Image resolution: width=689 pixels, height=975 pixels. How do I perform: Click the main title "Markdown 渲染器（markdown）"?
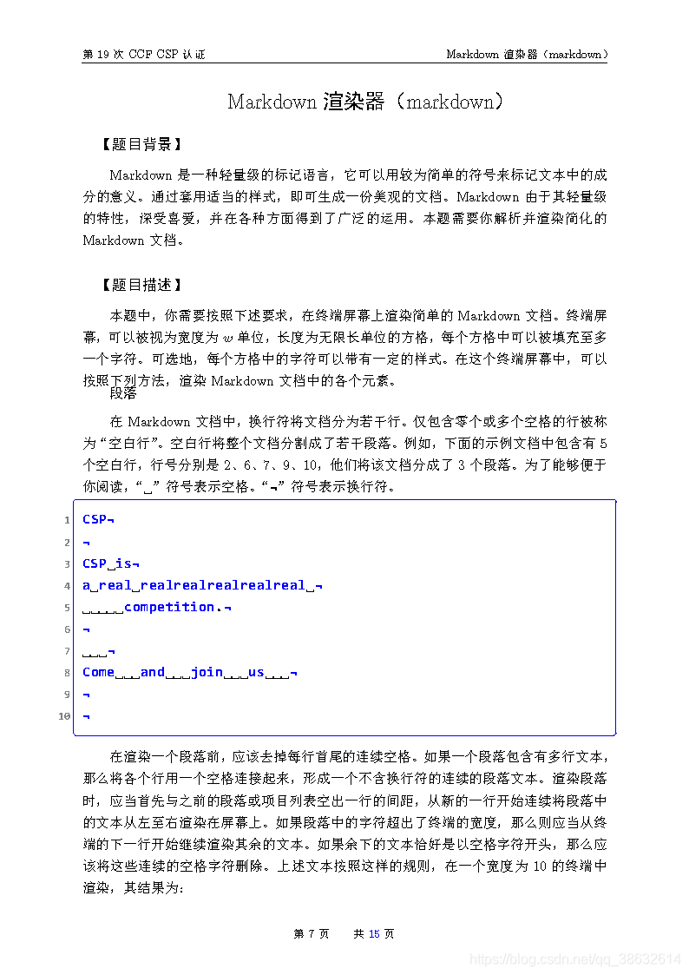(x=364, y=102)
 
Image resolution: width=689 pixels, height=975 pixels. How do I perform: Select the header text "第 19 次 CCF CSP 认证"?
(x=143, y=54)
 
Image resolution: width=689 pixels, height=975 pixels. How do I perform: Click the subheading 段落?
(x=123, y=393)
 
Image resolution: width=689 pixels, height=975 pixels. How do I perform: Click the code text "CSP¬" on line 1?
(x=98, y=519)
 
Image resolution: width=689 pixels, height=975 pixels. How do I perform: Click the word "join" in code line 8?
(x=207, y=672)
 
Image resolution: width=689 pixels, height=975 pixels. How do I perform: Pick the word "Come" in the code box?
(x=98, y=672)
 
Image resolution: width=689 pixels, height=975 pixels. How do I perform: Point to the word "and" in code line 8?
(x=152, y=672)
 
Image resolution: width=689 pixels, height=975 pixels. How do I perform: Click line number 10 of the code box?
(x=64, y=716)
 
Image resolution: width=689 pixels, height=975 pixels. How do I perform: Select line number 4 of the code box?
(x=67, y=585)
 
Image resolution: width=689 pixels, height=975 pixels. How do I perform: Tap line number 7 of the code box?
(x=67, y=651)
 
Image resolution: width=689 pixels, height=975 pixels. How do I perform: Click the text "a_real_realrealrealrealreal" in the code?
(x=194, y=585)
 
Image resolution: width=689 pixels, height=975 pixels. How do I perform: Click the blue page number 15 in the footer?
(x=374, y=934)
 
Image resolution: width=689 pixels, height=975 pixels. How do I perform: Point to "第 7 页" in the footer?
(x=312, y=934)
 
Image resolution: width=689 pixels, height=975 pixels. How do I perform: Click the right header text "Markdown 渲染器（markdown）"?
(x=526, y=54)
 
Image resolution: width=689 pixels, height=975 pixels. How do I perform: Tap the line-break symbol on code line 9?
(x=86, y=695)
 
